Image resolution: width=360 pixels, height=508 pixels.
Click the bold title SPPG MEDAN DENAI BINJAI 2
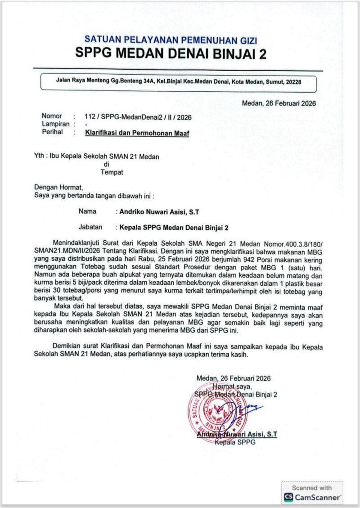(171, 54)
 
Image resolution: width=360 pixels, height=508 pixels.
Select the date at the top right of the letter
(279, 103)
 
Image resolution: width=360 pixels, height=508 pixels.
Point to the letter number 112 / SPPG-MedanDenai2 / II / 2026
(138, 117)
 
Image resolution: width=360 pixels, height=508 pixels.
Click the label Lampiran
(55, 124)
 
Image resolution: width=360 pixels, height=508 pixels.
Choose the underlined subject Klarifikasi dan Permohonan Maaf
(137, 133)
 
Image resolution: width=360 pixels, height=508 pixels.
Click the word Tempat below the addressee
(112, 172)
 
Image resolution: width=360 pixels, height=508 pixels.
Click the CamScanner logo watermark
(312, 497)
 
